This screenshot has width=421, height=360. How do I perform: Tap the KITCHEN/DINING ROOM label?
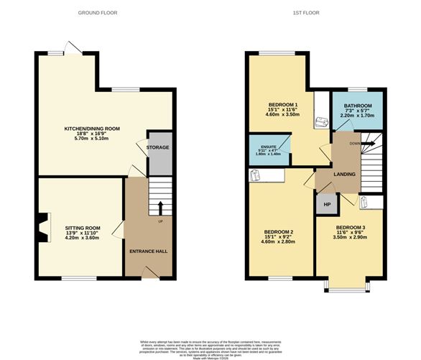(x=92, y=128)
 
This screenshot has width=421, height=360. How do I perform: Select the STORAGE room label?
(x=158, y=147)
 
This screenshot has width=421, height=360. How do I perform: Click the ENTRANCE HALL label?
(x=148, y=251)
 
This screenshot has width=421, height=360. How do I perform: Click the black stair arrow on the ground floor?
(x=159, y=208)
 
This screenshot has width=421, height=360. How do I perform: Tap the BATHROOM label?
(x=357, y=106)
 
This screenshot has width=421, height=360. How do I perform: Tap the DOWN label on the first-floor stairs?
(x=355, y=143)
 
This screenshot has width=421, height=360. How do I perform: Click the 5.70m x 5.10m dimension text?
(x=92, y=139)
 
